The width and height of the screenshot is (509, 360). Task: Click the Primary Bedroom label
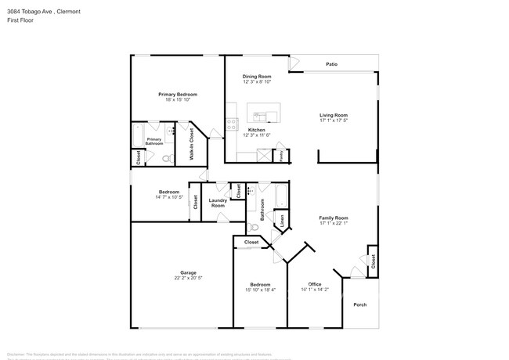pyautogui.click(x=177, y=94)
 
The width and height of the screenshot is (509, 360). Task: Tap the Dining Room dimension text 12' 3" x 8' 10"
pyautogui.click(x=256, y=81)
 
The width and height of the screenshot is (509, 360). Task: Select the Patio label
pyautogui.click(x=332, y=64)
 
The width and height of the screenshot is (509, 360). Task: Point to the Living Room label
pyautogui.click(x=334, y=114)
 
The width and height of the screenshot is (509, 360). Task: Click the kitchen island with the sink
pyautogui.click(x=264, y=114)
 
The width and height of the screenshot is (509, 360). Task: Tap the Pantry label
pyautogui.click(x=282, y=154)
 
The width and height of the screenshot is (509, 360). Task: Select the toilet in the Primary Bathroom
pyautogui.click(x=166, y=158)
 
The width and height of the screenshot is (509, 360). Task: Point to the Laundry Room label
pyautogui.click(x=218, y=203)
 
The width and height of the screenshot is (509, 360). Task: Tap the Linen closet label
pyautogui.click(x=282, y=221)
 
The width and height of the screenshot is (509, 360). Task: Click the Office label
pyautogui.click(x=315, y=283)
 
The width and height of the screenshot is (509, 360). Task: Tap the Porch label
pyautogui.click(x=359, y=304)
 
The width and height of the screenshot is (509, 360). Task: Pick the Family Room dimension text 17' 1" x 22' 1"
pyautogui.click(x=334, y=223)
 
